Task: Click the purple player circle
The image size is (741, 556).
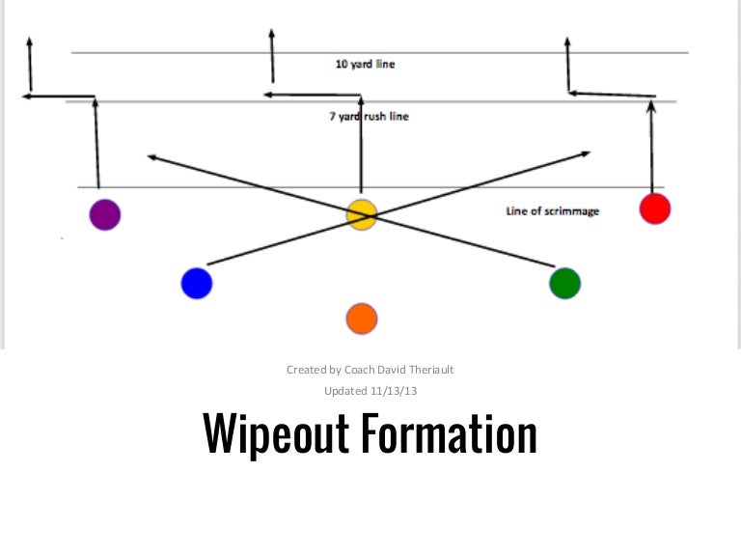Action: (x=104, y=214)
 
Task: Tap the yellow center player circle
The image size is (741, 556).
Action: (x=361, y=214)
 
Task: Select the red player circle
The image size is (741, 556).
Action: (x=654, y=208)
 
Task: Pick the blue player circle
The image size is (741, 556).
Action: (x=196, y=283)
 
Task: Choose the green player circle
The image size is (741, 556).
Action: (x=564, y=283)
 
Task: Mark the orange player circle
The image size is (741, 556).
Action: (x=361, y=318)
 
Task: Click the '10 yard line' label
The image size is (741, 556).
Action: (x=365, y=65)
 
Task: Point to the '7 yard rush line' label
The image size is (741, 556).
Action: (x=370, y=117)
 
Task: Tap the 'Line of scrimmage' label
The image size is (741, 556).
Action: (x=552, y=210)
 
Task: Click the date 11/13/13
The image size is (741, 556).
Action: (x=394, y=391)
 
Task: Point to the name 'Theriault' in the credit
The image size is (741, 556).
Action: (x=428, y=370)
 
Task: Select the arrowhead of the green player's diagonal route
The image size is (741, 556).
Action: (x=149, y=154)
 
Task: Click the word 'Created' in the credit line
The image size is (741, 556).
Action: (x=305, y=370)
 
